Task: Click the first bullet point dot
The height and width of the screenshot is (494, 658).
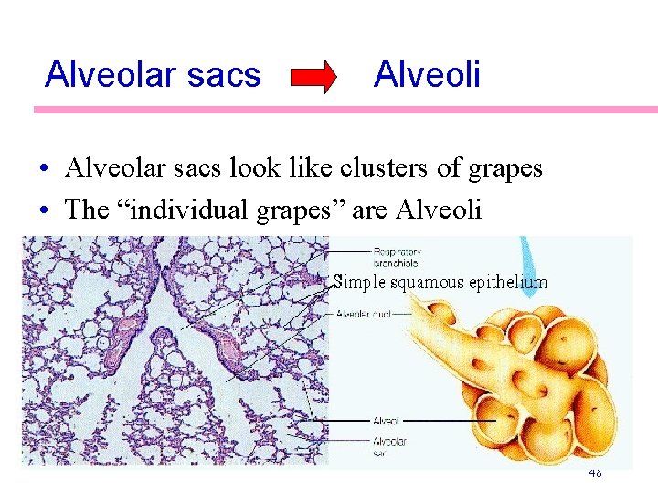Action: [x=44, y=170]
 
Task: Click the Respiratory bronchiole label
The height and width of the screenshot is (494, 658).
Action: [x=397, y=255]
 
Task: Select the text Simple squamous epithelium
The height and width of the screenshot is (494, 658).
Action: [x=440, y=282]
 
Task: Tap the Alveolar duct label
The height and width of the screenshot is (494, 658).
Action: [x=364, y=314]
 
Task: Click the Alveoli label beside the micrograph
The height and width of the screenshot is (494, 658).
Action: [x=385, y=421]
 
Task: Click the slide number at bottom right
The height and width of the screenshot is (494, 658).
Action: [x=594, y=473]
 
